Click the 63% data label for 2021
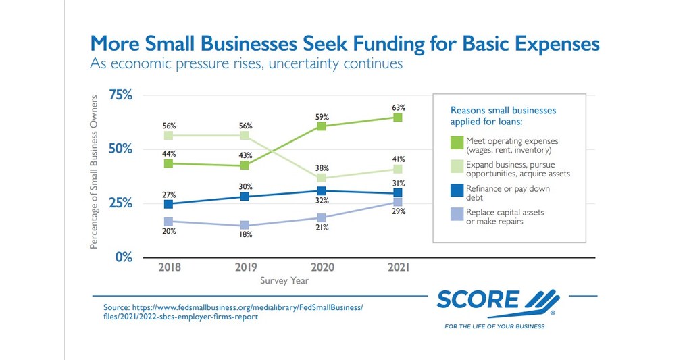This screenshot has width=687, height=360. coord(398,107)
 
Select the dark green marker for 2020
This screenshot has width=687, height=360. coord(322,126)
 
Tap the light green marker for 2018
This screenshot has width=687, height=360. coord(168,136)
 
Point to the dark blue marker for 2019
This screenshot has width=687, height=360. coord(245,197)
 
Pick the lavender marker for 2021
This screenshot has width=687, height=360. coord(398,201)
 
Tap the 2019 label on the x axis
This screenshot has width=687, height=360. coord(245,267)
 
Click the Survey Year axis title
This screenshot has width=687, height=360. coord(283,280)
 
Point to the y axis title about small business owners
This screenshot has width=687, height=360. coord(95,172)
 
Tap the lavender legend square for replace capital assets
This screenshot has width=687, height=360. coord(457,213)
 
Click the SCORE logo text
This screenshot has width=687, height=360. coord(478,300)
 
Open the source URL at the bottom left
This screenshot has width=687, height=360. coord(233,312)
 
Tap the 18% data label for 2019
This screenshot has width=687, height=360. coord(245,235)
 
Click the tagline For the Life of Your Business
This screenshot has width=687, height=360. coord(494,326)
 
